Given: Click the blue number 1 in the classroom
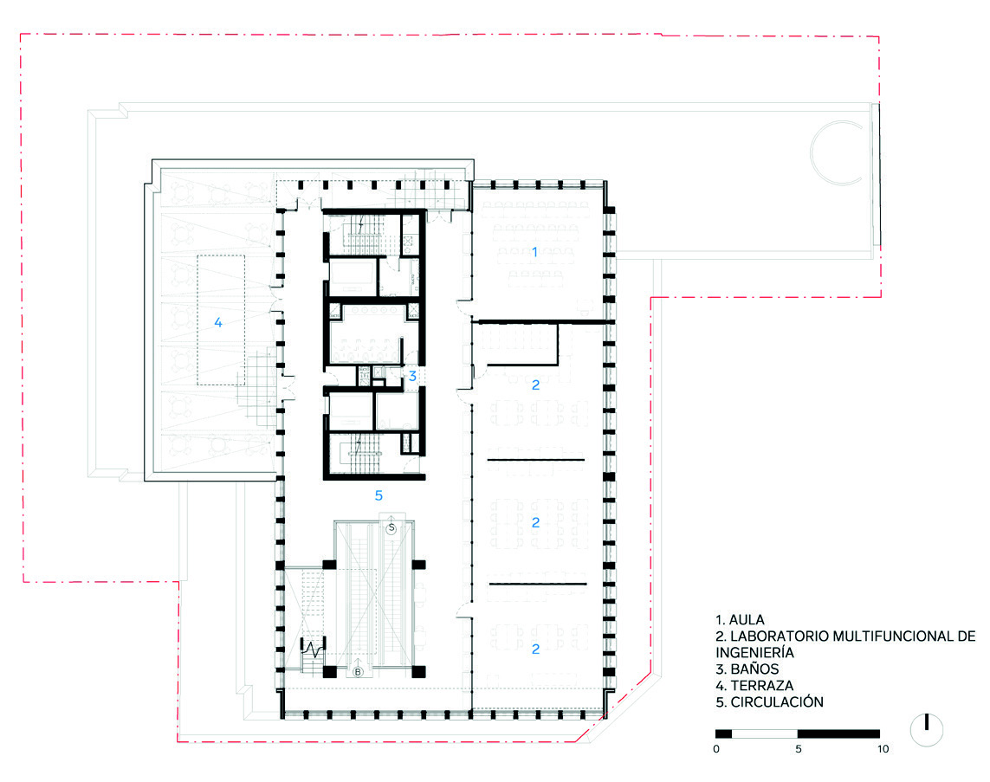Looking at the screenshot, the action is [x=534, y=253].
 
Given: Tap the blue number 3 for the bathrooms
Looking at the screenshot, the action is [x=412, y=376].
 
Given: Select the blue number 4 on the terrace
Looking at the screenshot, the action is [x=218, y=322].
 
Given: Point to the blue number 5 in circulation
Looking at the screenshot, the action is [x=379, y=495].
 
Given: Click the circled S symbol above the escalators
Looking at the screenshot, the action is [x=391, y=527].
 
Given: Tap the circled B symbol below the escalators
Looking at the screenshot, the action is [x=358, y=672].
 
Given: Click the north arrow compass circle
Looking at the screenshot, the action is [x=927, y=730].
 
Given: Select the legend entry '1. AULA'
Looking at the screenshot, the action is [x=740, y=620].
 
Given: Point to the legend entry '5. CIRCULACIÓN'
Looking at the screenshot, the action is [x=769, y=701].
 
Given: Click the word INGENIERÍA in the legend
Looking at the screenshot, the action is [x=754, y=653].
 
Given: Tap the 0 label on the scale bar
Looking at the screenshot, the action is [x=716, y=749].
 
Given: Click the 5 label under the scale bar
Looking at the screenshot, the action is [x=798, y=749].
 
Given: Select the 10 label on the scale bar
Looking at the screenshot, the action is [x=883, y=749].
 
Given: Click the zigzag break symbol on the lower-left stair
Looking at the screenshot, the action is [x=314, y=648].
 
